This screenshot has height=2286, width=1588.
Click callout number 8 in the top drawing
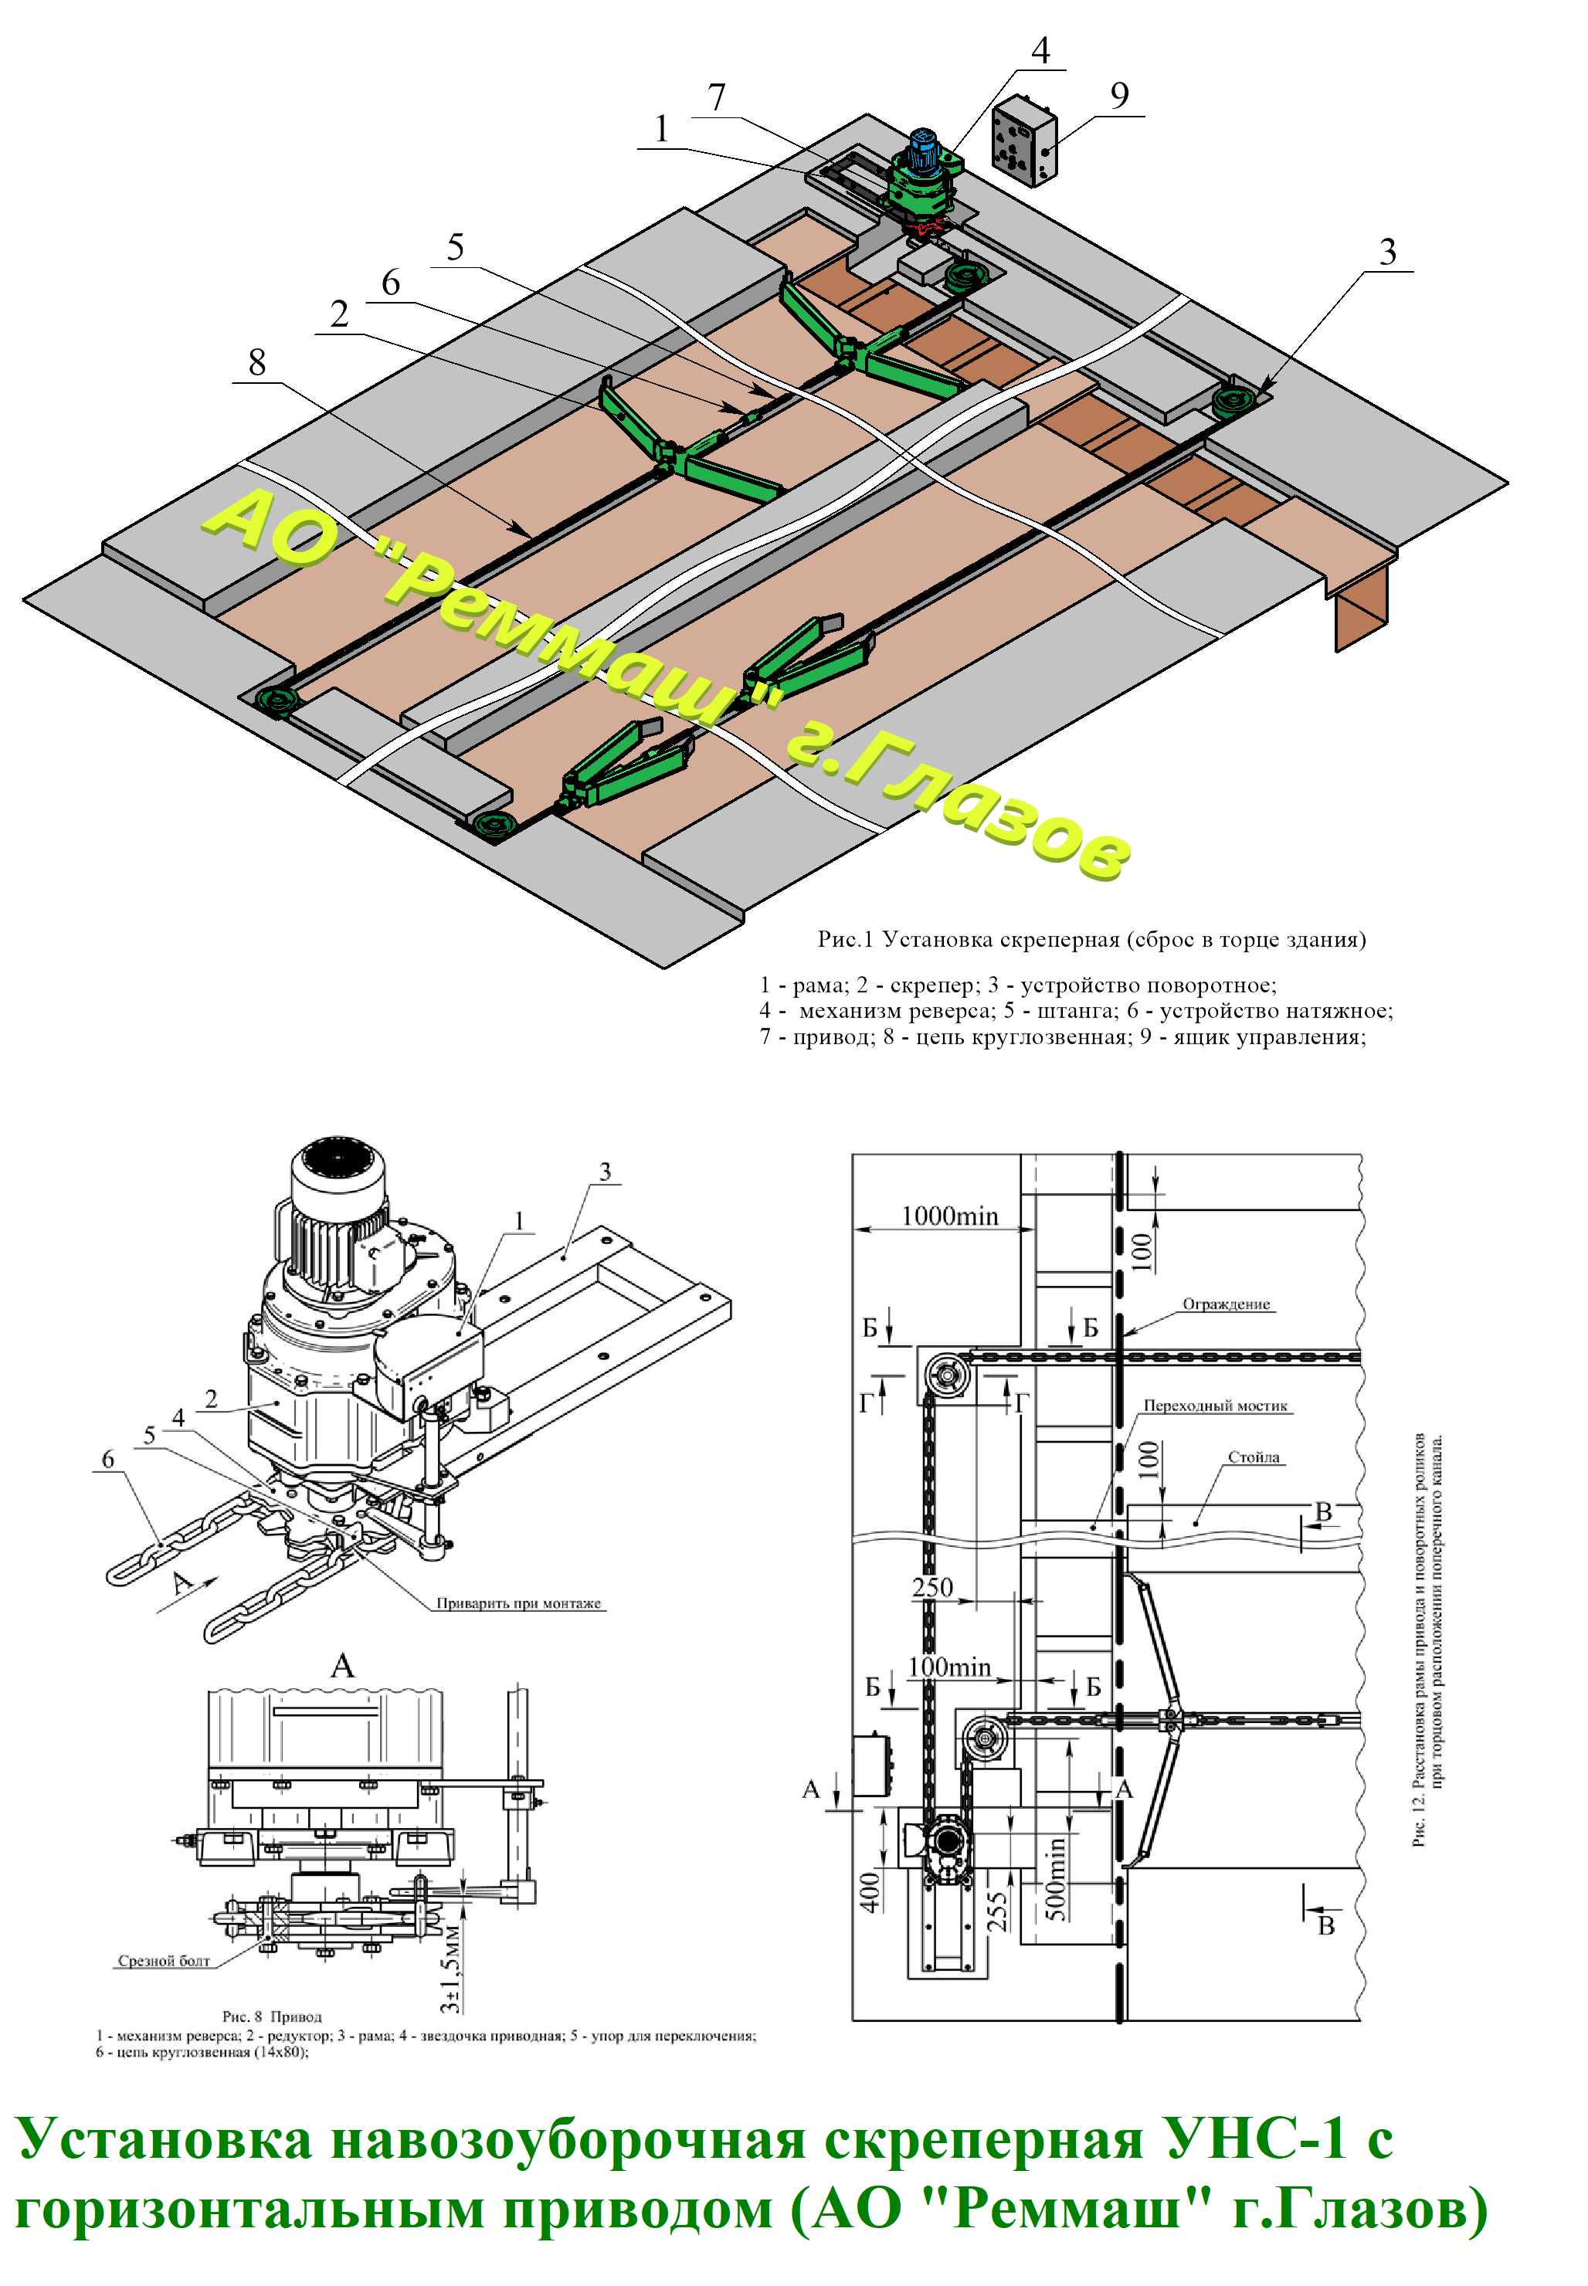tap(256, 362)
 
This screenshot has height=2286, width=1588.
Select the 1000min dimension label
tap(949, 1216)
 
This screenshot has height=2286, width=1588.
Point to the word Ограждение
tap(1226, 1304)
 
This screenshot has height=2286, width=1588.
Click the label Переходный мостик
tap(1215, 1406)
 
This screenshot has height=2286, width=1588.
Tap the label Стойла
tap(1254, 1457)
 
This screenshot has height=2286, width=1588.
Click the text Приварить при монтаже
tap(518, 1603)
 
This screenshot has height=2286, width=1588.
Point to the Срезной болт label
tap(165, 1961)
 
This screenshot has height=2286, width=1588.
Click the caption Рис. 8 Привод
tap(272, 2016)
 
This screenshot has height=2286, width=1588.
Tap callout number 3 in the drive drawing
tap(605, 1171)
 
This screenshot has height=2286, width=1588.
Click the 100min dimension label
tap(949, 1667)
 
